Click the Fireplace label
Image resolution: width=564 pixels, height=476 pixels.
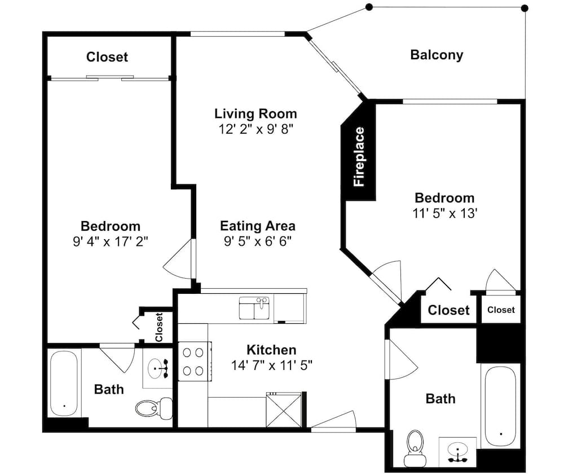pos(359,157)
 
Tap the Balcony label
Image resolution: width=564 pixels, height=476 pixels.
pos(437,55)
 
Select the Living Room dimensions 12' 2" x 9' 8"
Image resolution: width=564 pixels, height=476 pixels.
pos(255,129)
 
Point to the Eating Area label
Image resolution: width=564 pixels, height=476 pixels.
pos(258,226)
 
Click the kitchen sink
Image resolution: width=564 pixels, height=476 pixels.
pos(254,308)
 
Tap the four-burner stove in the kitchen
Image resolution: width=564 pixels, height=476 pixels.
pos(193,361)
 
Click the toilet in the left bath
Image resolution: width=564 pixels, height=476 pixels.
pos(154,408)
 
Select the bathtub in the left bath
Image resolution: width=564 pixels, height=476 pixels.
pos(64,384)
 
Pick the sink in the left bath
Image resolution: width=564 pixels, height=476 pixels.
pos(157,368)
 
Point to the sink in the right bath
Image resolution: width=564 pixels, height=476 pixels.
pos(457,452)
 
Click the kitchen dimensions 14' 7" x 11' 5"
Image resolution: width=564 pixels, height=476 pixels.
pos(272,365)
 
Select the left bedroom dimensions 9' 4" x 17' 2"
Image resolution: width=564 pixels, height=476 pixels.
pos(111,241)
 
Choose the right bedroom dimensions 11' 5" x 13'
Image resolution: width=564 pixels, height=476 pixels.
pos(444,213)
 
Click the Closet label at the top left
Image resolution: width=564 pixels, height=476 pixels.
pos(107,57)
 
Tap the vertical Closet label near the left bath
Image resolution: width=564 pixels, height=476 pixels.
pos(159,327)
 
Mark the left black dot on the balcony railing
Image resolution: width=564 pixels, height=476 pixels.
pos(369,7)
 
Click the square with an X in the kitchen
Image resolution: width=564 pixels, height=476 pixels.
pos(284,410)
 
